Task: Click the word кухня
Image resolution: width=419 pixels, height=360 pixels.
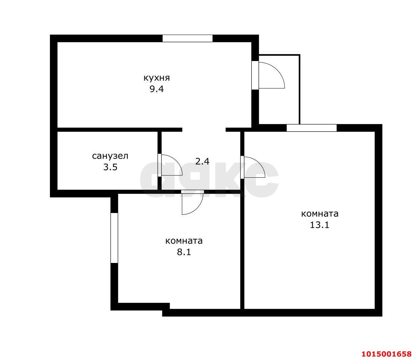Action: [x=156, y=78]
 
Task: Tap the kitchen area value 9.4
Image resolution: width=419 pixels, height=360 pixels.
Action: [x=156, y=89]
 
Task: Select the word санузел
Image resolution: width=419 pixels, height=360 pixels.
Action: [x=110, y=156]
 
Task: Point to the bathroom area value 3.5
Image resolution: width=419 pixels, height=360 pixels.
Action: [x=110, y=167]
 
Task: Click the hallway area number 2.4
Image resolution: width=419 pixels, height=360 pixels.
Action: [x=202, y=161]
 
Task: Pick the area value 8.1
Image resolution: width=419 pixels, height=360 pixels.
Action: [x=184, y=252]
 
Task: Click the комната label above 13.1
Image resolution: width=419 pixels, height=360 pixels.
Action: [x=320, y=214]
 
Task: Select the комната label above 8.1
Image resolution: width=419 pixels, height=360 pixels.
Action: [x=184, y=241]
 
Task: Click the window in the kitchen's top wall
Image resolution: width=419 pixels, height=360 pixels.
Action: [x=188, y=39]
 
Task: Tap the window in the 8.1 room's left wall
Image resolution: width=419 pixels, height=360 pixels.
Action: [x=114, y=238]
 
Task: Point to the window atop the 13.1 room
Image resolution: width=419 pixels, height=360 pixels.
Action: [x=312, y=128]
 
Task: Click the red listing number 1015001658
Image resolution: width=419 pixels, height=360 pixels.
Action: [x=387, y=354]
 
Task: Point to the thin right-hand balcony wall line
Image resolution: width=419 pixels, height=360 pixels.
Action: [x=299, y=89]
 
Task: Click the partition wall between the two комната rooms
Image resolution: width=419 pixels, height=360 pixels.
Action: [x=242, y=250]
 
